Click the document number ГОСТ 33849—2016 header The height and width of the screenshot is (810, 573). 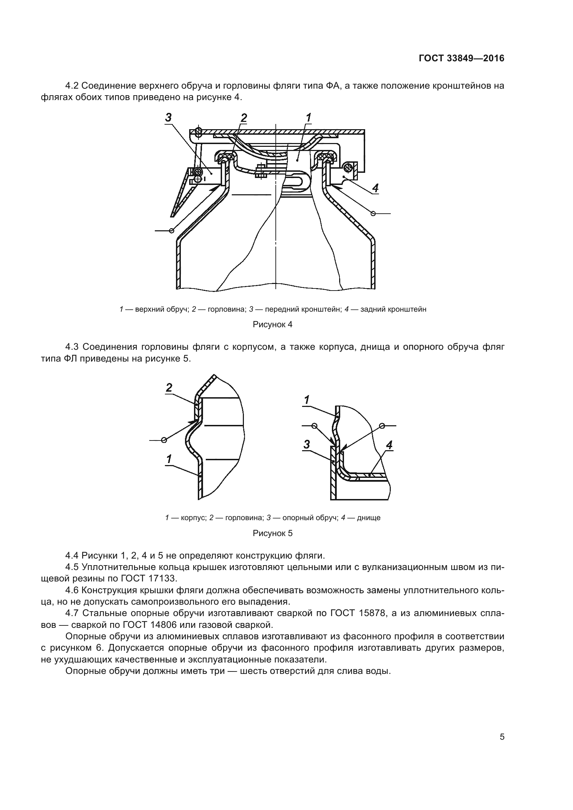click(461, 59)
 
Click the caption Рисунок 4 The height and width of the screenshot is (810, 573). click(272, 324)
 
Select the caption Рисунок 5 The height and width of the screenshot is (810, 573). click(272, 533)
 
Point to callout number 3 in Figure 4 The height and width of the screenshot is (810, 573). click(168, 117)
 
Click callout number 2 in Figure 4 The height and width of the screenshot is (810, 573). click(244, 118)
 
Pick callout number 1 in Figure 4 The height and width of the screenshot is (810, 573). click(308, 117)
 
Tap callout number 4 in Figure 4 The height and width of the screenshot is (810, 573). click(376, 188)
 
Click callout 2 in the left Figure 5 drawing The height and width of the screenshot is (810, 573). click(169, 388)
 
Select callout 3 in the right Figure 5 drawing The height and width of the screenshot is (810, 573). click(307, 445)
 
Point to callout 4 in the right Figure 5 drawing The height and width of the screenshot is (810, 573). click(389, 445)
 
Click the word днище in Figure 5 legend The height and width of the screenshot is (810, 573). click(368, 518)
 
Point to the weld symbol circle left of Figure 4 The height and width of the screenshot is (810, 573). click(171, 230)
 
